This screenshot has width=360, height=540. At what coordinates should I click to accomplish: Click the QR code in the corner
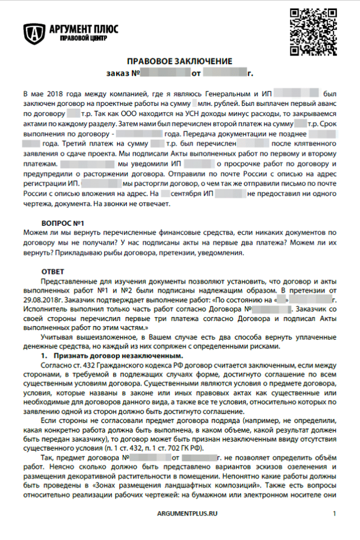[311, 32]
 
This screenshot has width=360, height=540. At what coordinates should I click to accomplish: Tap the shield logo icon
[34, 34]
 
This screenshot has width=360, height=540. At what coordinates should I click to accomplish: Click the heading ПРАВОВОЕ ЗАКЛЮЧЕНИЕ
[179, 61]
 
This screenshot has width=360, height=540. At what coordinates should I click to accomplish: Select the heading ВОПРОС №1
[63, 224]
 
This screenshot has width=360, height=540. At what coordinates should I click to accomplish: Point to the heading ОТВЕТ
[54, 272]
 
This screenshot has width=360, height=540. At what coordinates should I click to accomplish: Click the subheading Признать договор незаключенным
[118, 356]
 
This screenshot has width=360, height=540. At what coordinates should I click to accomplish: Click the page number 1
[335, 513]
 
